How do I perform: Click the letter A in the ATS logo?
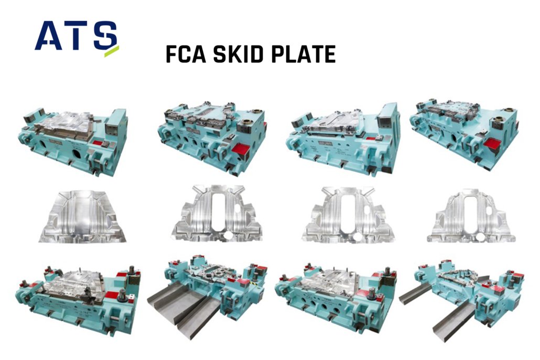(x=49, y=36)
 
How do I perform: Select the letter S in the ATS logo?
(x=105, y=35)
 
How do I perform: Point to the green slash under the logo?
(x=112, y=51)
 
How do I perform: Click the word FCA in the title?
(x=186, y=54)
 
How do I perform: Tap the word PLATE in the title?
(x=304, y=54)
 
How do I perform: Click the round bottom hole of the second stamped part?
(x=228, y=236)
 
